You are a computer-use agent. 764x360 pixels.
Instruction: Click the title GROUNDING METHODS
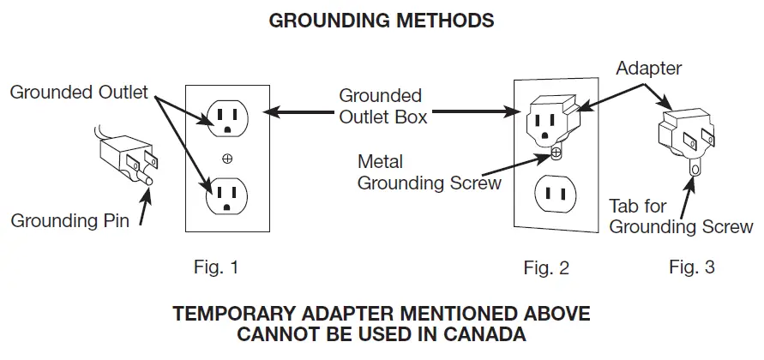[x=382, y=21]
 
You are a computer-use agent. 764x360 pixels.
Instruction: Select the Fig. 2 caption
[x=546, y=268]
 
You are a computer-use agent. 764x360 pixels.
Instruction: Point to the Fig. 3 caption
[x=691, y=267]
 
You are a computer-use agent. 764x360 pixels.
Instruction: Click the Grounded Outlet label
[x=79, y=93]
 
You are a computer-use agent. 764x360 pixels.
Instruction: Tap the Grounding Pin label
[x=70, y=221]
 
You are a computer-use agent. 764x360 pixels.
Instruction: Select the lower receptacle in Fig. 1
[x=226, y=195]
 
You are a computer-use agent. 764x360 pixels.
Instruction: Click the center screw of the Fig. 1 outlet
[x=227, y=158]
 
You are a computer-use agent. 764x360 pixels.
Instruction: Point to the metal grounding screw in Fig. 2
[x=556, y=153]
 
